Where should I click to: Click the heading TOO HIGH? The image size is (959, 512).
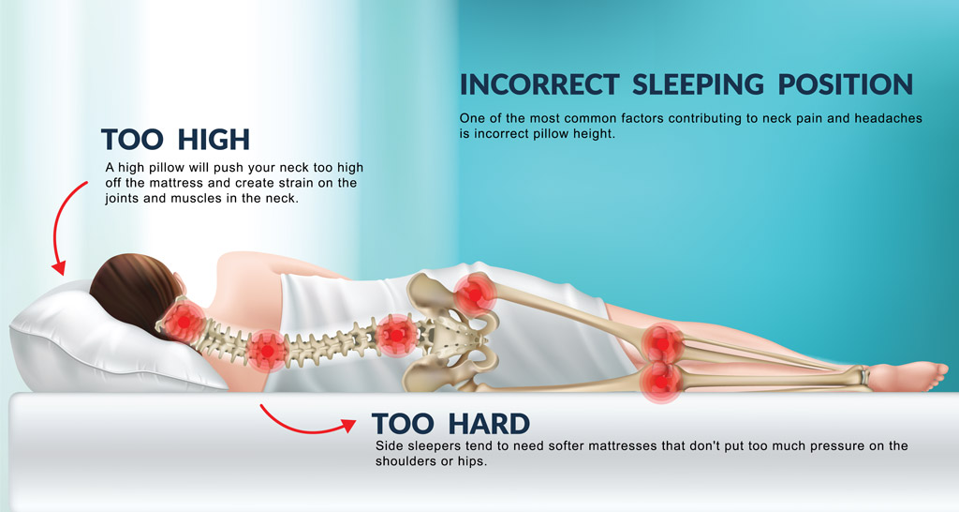[x=175, y=140]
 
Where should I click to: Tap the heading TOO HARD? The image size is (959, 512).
[x=450, y=424]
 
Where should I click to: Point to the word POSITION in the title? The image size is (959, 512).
[x=843, y=84]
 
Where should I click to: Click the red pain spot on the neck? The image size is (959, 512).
[x=185, y=320]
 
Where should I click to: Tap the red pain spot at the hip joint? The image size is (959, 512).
[x=476, y=294]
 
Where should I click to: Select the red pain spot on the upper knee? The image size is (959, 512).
[x=663, y=342]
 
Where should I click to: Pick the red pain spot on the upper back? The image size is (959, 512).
[x=268, y=349]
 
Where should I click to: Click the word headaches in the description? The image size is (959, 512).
[x=862, y=119]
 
